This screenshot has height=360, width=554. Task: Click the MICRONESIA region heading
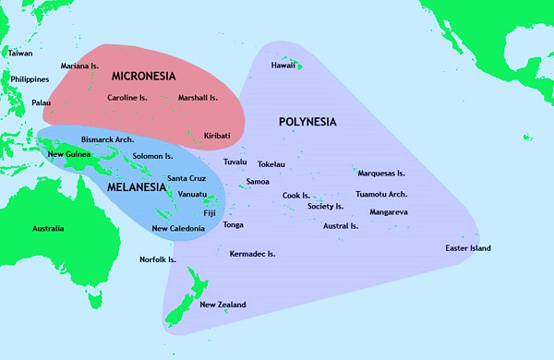point(143,74)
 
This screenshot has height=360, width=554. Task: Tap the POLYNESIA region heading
point(307,122)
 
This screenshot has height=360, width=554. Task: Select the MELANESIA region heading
point(137,186)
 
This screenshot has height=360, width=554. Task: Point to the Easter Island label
point(468,248)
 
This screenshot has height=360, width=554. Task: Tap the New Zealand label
point(223,305)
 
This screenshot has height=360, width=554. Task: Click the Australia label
point(48,228)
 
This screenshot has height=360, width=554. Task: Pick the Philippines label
point(30,79)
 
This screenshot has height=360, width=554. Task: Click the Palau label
point(42,102)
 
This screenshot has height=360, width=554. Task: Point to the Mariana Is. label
point(79,66)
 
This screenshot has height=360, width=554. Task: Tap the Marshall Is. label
point(198,97)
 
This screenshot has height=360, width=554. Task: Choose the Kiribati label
point(217,136)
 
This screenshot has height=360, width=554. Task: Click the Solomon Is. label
point(153,157)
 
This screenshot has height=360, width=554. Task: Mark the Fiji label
point(210,213)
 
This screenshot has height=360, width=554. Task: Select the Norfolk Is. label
point(158,259)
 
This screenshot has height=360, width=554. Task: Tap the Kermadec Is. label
point(252,254)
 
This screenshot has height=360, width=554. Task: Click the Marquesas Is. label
point(381,173)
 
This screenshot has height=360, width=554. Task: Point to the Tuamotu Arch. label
point(381,194)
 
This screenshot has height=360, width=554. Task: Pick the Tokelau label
point(271,164)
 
